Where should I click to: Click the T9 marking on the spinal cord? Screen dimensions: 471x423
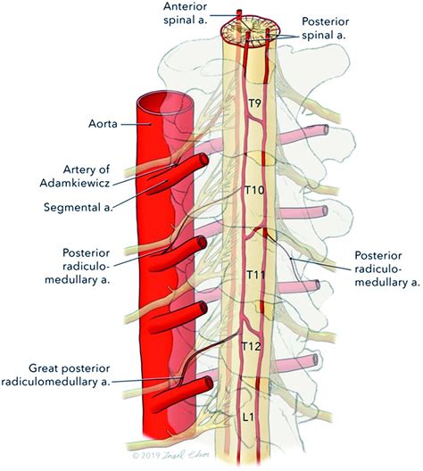(x=255, y=104)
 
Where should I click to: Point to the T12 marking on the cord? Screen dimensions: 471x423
(x=253, y=346)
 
